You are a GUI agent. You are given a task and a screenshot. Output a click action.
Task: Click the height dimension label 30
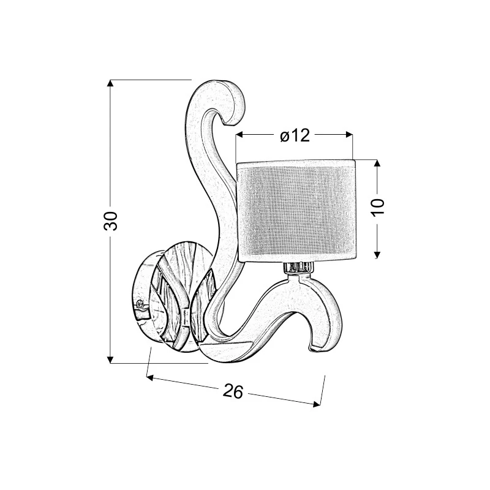[110, 221]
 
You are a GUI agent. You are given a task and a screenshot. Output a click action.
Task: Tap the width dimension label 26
[233, 391]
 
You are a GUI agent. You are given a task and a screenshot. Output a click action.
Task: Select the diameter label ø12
[295, 135]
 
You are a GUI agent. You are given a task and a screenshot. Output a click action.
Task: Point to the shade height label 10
[377, 206]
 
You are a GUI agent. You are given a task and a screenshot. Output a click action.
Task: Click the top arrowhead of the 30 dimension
[110, 83]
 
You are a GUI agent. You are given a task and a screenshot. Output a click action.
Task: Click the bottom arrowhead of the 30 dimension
[110, 360]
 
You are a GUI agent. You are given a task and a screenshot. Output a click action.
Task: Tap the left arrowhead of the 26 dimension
[149, 378]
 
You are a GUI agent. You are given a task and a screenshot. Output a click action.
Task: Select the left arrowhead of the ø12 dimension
[239, 135]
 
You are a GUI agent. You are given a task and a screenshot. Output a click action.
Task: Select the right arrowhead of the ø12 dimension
[349, 135]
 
